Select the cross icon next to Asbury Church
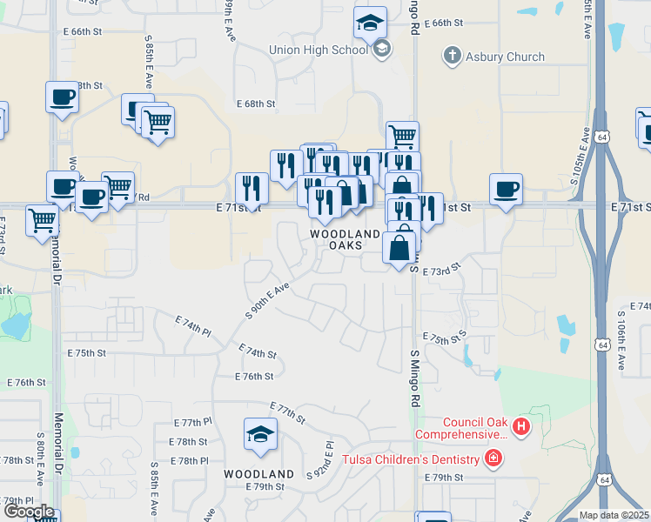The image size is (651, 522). (451, 57)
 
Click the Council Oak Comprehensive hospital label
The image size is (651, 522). (461, 428)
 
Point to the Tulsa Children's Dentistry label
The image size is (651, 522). (411, 459)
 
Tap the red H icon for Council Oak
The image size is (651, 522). (520, 426)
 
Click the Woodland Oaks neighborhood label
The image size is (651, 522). (346, 239)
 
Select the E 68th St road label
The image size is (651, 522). (256, 104)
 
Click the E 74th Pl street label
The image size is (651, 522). (193, 325)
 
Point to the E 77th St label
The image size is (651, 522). (288, 412)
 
